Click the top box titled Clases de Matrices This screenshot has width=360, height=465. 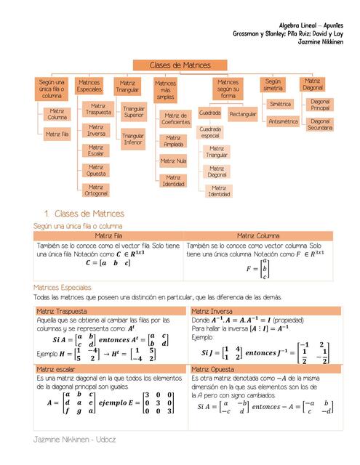[180, 65]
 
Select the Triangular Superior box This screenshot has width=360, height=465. [133, 112]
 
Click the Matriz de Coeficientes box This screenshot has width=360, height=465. [175, 118]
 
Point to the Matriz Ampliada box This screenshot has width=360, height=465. [173, 141]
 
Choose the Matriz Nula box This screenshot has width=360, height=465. [173, 161]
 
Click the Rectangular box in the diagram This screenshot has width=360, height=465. [242, 114]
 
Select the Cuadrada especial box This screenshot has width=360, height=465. [210, 132]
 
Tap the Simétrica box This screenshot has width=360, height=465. [280, 104]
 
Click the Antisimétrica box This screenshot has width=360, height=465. [283, 121]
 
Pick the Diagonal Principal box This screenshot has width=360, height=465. [319, 105]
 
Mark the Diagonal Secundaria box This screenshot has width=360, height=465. [319, 124]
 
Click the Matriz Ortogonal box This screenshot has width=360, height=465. [96, 190]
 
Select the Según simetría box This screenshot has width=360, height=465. [273, 85]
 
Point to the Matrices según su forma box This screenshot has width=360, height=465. [228, 89]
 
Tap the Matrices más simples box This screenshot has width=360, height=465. [165, 90]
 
